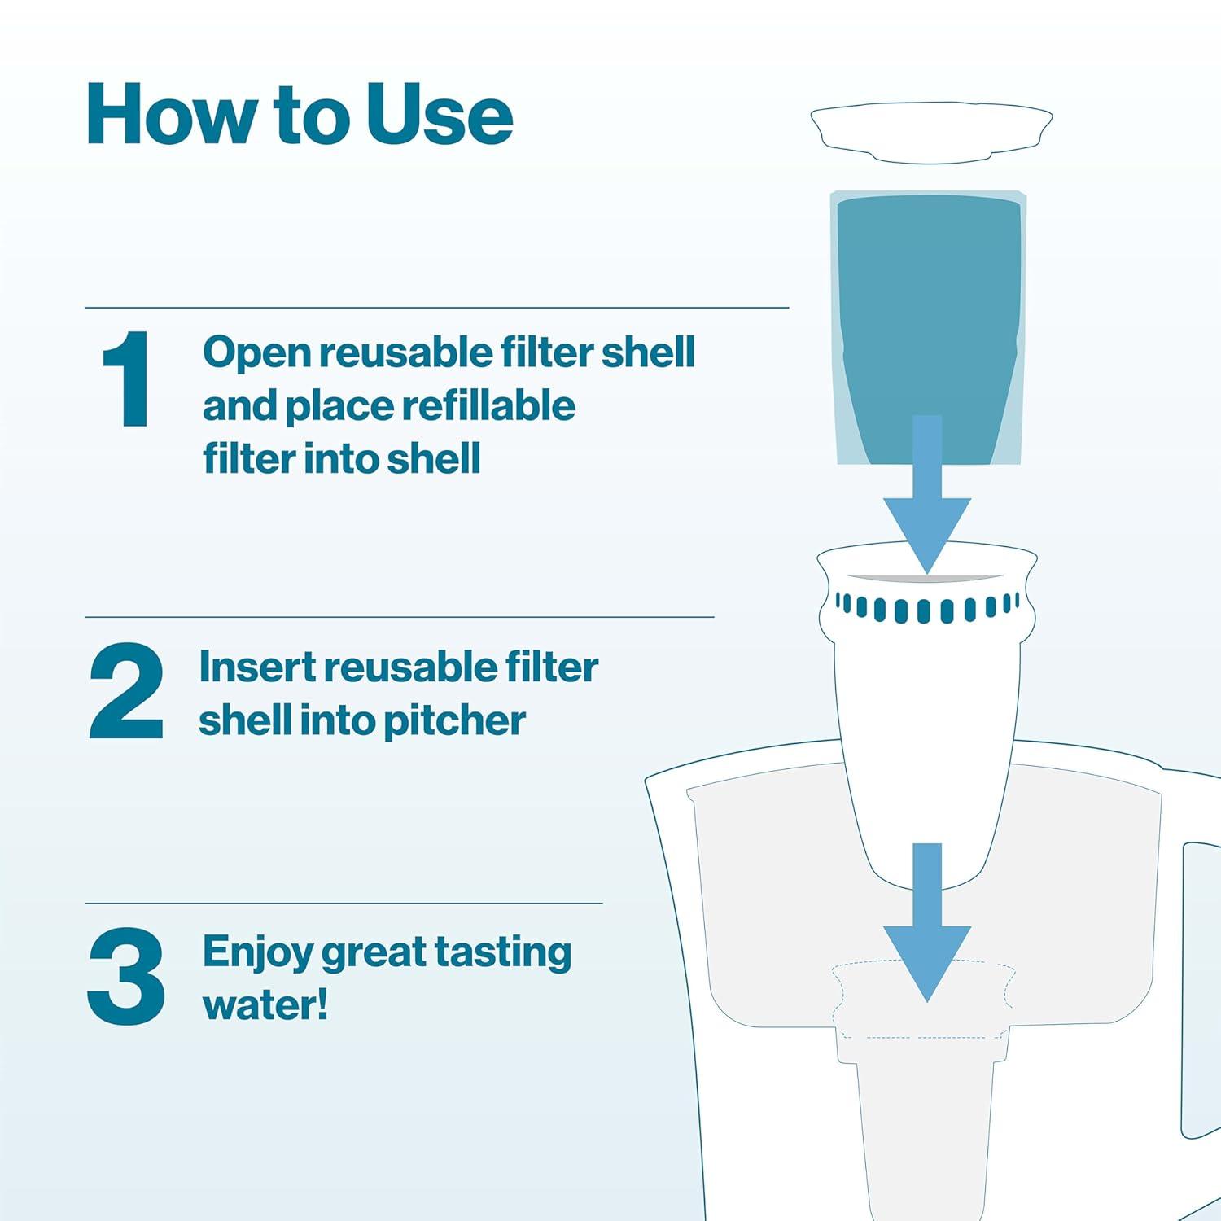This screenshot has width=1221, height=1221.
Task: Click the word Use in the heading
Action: click(x=439, y=116)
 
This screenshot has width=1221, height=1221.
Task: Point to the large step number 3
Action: click(x=126, y=977)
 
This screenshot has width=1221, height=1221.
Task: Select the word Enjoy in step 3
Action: click(x=256, y=952)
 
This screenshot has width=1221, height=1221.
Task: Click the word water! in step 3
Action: click(x=265, y=1004)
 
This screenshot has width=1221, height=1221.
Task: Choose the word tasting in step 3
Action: click(x=502, y=952)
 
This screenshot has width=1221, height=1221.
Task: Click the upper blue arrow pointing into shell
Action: click(x=927, y=505)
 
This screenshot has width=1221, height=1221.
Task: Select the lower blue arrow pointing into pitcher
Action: click(x=927, y=928)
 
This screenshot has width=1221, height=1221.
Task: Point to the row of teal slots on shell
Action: click(x=926, y=608)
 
